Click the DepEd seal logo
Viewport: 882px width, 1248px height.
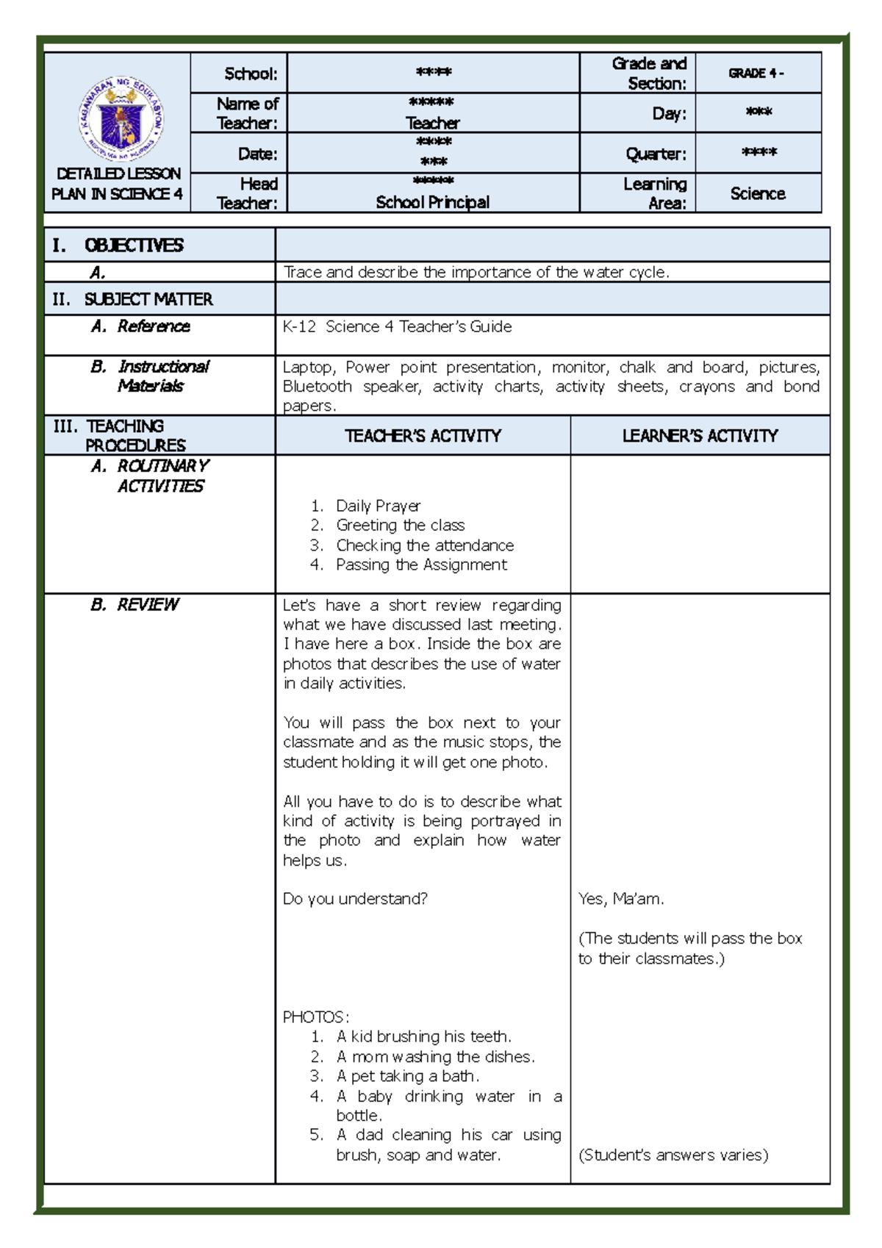pyautogui.click(x=121, y=118)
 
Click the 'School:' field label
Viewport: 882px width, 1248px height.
pyautogui.click(x=251, y=73)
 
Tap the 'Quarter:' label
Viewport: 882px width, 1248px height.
pyautogui.click(x=656, y=154)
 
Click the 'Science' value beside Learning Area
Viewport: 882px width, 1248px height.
pyautogui.click(x=757, y=193)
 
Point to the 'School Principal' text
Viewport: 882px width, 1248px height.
pyautogui.click(x=432, y=202)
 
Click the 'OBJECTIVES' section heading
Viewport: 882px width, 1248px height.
pyautogui.click(x=133, y=245)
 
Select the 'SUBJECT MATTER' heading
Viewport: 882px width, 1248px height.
pyautogui.click(x=148, y=299)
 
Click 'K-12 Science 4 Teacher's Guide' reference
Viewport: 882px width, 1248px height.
pyautogui.click(x=397, y=326)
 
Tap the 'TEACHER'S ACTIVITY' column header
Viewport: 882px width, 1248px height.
pyautogui.click(x=423, y=436)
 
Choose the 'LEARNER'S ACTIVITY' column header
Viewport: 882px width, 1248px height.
pyautogui.click(x=700, y=436)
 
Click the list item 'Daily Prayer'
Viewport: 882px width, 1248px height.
pyautogui.click(x=378, y=506)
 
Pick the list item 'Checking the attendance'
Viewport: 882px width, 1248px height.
pyautogui.click(x=424, y=545)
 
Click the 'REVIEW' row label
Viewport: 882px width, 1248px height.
pyautogui.click(x=147, y=604)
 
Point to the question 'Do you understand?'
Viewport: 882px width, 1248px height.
pyautogui.click(x=355, y=899)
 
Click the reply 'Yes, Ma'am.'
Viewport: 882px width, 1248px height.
pyautogui.click(x=621, y=899)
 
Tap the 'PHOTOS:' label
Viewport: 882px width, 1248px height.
pyautogui.click(x=316, y=1017)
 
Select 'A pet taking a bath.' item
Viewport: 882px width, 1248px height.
pyautogui.click(x=407, y=1076)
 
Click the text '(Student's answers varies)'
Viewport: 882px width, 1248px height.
pyautogui.click(x=673, y=1155)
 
